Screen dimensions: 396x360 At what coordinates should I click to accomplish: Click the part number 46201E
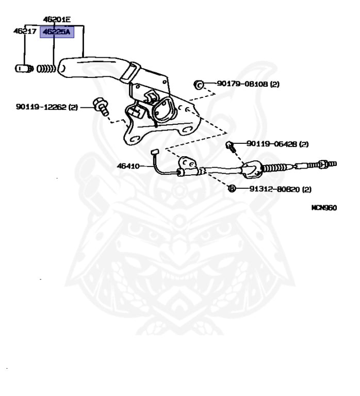pos(56,20)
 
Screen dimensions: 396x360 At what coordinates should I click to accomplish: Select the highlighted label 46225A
pos(57,32)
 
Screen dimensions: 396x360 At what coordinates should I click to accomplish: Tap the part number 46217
pos(25,31)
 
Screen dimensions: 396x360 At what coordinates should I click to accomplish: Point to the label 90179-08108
pos(242,84)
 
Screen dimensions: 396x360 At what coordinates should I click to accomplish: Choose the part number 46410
pos(128,166)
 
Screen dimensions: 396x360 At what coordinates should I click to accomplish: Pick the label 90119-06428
pos(272,144)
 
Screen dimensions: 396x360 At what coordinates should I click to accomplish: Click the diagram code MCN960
pos(324,208)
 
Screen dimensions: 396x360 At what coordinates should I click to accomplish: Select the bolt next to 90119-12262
pos(100,106)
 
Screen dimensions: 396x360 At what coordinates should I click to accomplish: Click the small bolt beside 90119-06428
pos(231,146)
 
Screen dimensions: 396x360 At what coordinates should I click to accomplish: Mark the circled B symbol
pos(232,189)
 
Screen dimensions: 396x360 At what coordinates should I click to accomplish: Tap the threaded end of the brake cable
pos(326,164)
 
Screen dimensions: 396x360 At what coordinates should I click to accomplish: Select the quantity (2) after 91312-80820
pos(306,189)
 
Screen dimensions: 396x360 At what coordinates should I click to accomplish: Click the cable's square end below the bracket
pos(154,151)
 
